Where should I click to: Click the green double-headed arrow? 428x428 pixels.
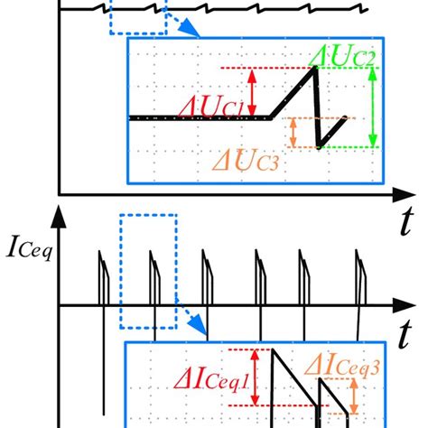373,107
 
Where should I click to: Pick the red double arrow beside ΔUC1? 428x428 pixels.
254,92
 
